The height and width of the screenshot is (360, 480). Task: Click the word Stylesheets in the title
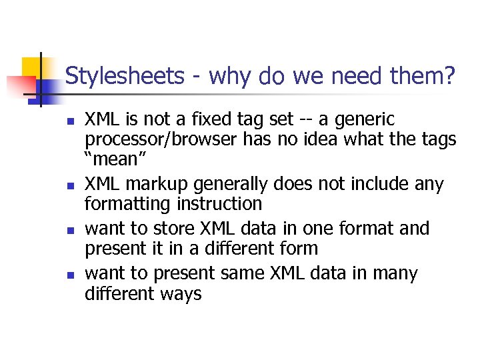(125, 76)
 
